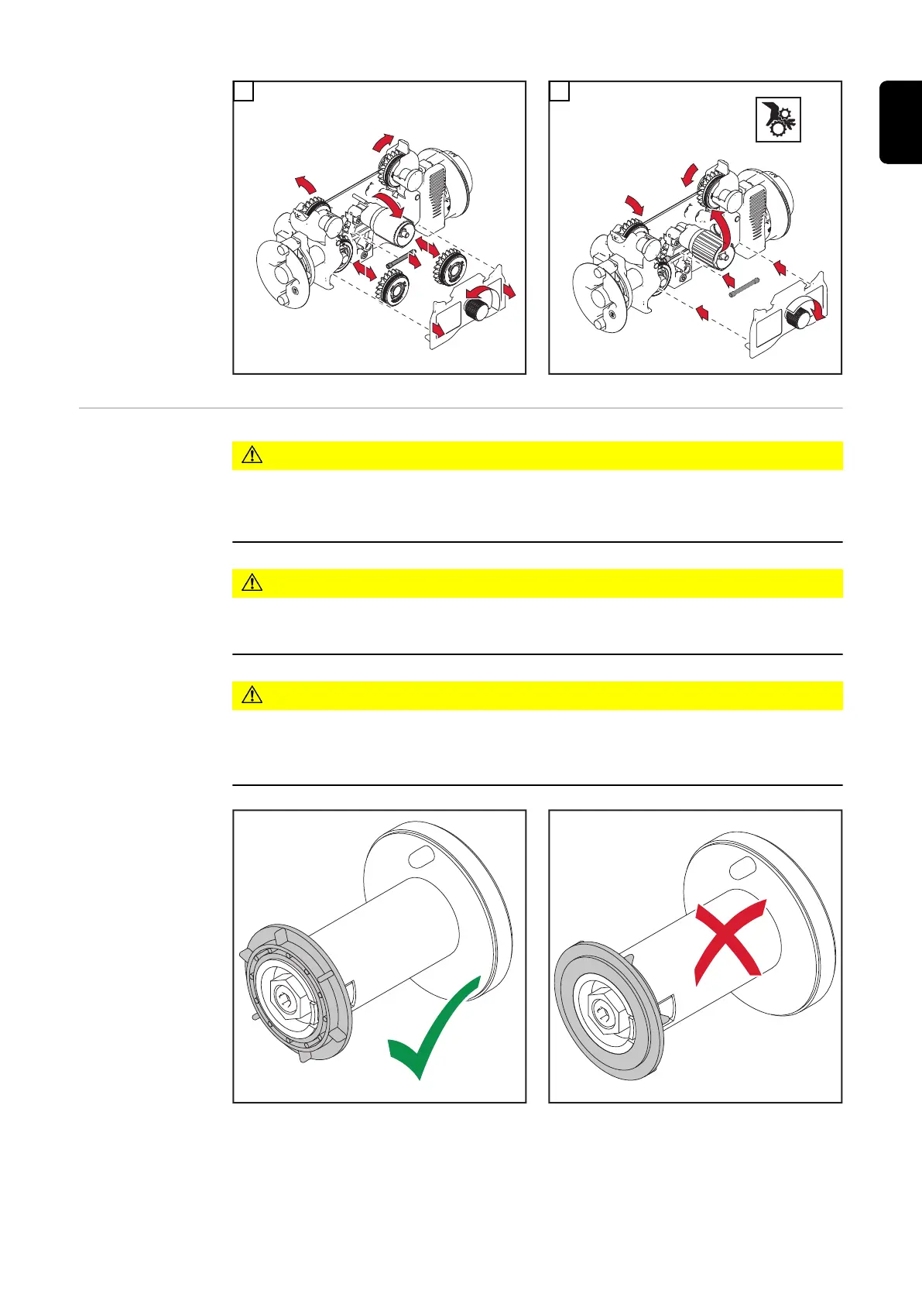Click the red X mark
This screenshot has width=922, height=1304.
(x=730, y=942)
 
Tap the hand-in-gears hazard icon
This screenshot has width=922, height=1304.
(x=778, y=119)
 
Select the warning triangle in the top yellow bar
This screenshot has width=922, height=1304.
(x=252, y=455)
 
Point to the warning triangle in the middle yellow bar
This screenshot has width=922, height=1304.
(x=252, y=583)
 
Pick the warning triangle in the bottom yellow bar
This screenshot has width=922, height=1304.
(x=252, y=695)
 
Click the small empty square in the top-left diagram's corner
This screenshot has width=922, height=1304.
(x=243, y=91)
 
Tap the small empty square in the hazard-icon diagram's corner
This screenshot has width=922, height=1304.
(x=559, y=91)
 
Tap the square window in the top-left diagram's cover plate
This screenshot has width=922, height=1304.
(x=447, y=318)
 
